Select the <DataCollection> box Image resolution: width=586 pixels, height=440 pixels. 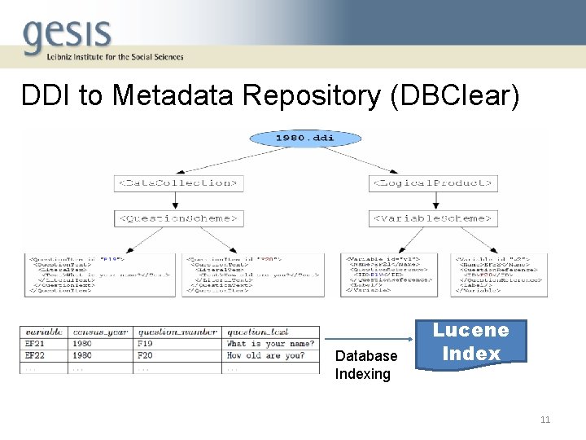click(178, 183)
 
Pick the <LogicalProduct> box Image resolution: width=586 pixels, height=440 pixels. click(433, 183)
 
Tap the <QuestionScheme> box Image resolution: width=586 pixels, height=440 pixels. click(178, 218)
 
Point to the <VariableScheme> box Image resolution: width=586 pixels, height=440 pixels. click(433, 218)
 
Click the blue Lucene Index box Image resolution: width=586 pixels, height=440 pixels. click(470, 341)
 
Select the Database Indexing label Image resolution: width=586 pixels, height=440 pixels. click(365, 365)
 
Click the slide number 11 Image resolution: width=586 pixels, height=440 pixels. click(544, 420)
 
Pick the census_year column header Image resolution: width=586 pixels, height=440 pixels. click(100, 332)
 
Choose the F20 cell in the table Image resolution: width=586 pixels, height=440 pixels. click(146, 355)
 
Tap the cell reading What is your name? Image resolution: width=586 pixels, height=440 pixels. click(270, 344)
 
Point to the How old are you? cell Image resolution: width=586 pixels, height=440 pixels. click(266, 355)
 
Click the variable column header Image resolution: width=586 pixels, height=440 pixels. click(44, 332)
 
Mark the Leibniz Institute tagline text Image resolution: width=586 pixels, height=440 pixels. click(103, 57)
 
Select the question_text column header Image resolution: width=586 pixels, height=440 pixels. click(257, 332)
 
